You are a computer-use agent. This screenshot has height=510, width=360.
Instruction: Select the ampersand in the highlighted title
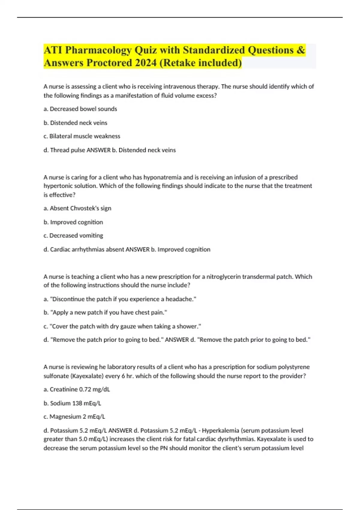pos(301,50)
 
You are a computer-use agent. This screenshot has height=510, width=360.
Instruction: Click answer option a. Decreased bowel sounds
pos(80,109)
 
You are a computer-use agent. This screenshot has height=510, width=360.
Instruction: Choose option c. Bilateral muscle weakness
pos(82,136)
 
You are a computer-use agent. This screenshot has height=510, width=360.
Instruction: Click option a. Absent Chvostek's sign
pos(77,208)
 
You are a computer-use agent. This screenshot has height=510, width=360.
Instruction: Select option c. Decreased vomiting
pos(73,235)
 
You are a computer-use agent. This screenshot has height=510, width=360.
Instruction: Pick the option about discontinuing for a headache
pos(120,299)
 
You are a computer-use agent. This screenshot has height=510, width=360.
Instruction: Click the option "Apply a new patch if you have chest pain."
pos(105,313)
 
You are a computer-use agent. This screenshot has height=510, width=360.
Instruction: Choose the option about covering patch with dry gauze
pos(122,326)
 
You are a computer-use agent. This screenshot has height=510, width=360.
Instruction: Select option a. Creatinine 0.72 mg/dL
pos(77,389)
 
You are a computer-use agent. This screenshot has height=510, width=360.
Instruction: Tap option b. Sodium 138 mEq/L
pos(72,403)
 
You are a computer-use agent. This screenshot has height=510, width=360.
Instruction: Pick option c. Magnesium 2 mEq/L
pos(74,417)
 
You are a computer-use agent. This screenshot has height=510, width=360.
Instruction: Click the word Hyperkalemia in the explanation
pos(220,430)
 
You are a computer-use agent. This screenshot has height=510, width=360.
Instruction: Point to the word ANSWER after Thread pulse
pos(98,150)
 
